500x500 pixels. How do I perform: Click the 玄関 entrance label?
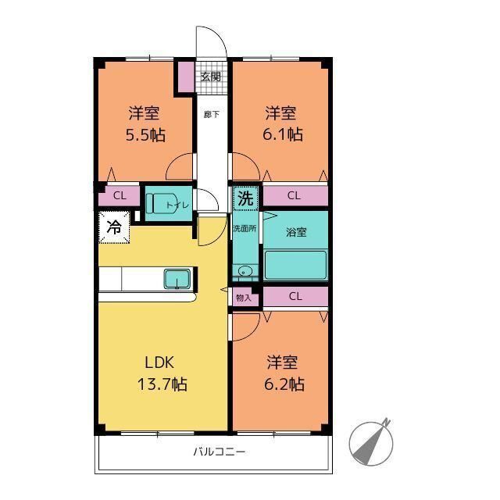pyautogui.click(x=211, y=77)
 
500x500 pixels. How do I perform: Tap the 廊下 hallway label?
pyautogui.click(x=212, y=115)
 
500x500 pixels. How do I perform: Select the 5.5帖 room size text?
pyautogui.click(x=146, y=135)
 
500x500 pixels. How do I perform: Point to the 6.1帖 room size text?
pyautogui.click(x=283, y=134)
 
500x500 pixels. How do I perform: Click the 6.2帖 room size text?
pyautogui.click(x=284, y=384)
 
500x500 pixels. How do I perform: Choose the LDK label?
pyautogui.click(x=159, y=362)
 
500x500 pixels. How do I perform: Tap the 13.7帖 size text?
pyautogui.click(x=162, y=384)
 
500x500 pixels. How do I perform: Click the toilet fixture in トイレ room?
pyautogui.click(x=159, y=203)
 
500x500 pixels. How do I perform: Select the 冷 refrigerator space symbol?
pyautogui.click(x=114, y=227)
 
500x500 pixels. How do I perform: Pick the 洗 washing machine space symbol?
pyautogui.click(x=245, y=198)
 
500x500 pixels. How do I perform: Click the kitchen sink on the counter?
pyautogui.click(x=177, y=279)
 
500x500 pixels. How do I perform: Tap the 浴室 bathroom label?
pyautogui.click(x=296, y=232)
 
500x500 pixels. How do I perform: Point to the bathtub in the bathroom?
pyautogui.click(x=295, y=266)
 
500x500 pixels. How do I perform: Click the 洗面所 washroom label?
pyautogui.click(x=245, y=229)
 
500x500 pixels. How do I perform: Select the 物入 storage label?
pyautogui.click(x=244, y=298)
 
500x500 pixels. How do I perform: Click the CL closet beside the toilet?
pyautogui.click(x=120, y=195)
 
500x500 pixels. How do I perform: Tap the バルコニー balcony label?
pyautogui.click(x=220, y=452)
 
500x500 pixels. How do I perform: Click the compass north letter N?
pyautogui.click(x=387, y=422)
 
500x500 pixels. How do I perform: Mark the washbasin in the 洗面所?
pyautogui.click(x=245, y=272)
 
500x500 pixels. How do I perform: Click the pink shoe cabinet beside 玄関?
pyautogui.click(x=186, y=77)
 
